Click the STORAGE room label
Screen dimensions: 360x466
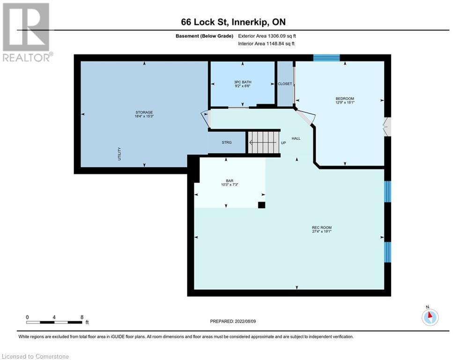click(144, 112)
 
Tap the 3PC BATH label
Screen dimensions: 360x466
click(243, 82)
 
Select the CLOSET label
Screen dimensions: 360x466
click(285, 84)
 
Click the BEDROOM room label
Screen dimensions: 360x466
click(345, 99)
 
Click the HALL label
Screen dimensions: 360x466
click(296, 139)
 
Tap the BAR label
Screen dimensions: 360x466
click(229, 180)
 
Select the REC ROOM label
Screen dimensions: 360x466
click(322, 228)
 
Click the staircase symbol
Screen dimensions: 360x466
click(263, 142)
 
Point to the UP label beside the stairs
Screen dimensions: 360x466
click(283, 142)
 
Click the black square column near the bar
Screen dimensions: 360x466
click(261, 205)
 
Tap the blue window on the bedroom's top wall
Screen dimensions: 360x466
click(326, 58)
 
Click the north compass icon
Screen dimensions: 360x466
click(429, 317)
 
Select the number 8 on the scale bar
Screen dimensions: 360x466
click(82, 317)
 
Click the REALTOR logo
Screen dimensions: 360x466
click(27, 32)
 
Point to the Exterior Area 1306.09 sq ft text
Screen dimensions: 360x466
click(267, 36)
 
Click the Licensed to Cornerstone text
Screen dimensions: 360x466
click(36, 357)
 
